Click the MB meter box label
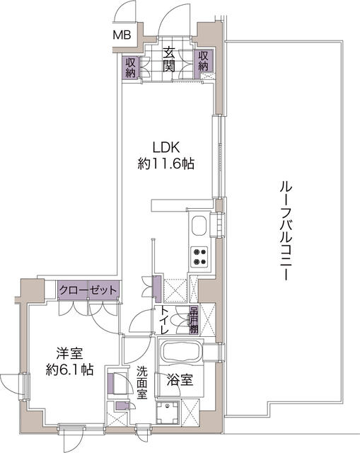(x=122, y=35)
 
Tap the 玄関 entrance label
(x=168, y=59)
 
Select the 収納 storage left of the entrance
(x=130, y=68)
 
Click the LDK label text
(x=166, y=147)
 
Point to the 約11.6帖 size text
(x=166, y=164)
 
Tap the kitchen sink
(x=199, y=226)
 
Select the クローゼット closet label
(x=88, y=289)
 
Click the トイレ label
(x=165, y=320)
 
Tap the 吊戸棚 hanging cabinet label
(x=193, y=320)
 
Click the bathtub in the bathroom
(x=181, y=351)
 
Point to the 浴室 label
(x=180, y=381)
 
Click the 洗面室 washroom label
(x=141, y=382)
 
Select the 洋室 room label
(x=69, y=354)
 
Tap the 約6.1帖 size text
(x=69, y=369)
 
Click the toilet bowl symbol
(x=180, y=320)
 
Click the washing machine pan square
(x=168, y=413)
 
